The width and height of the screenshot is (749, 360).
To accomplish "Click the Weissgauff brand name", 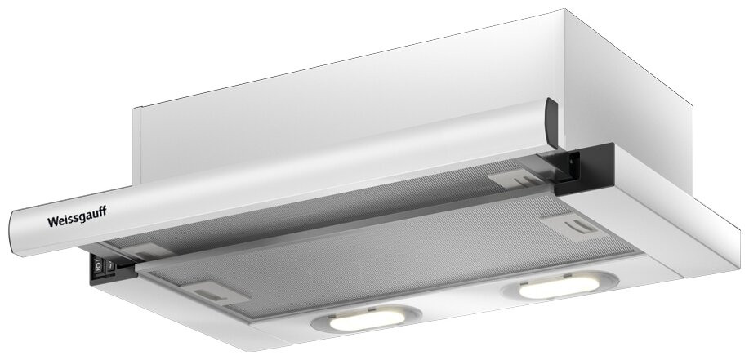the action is [x=77, y=217].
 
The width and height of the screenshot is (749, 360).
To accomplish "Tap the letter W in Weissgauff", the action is [x=52, y=221].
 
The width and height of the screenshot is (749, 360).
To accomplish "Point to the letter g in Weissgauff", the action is [x=82, y=218].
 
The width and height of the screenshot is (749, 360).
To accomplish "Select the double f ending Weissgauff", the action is [x=102, y=211].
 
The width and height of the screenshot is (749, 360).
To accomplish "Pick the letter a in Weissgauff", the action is [x=88, y=216].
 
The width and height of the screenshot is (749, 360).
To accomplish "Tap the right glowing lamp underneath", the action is [x=559, y=285].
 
